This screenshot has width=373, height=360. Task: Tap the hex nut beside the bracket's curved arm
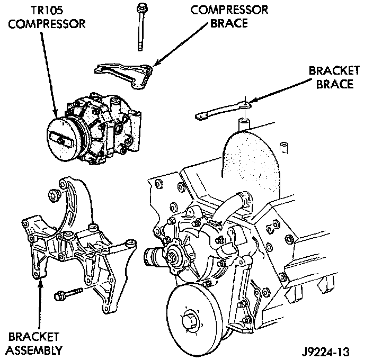[54, 195]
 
